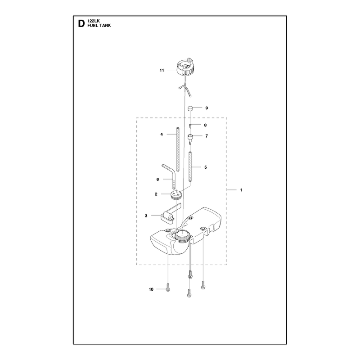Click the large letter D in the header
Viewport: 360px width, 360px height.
click(x=81, y=23)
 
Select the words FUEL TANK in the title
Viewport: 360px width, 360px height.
click(x=99, y=26)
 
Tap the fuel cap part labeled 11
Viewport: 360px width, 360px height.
click(x=185, y=67)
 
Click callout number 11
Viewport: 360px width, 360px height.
click(x=162, y=70)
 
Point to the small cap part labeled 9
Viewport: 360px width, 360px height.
click(x=190, y=108)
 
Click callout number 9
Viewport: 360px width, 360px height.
click(x=207, y=108)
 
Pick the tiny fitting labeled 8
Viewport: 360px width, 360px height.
click(x=190, y=126)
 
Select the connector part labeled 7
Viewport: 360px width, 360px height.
click(x=190, y=138)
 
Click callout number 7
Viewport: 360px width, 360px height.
click(x=207, y=136)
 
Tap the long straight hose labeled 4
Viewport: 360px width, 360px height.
click(x=178, y=149)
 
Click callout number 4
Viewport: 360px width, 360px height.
click(x=162, y=134)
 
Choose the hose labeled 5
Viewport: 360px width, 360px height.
click(x=190, y=166)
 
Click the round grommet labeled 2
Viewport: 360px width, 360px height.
click(x=176, y=195)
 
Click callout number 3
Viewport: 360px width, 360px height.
click(x=146, y=216)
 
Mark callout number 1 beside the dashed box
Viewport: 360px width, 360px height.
click(x=241, y=190)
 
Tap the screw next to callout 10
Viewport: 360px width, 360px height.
click(x=168, y=287)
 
